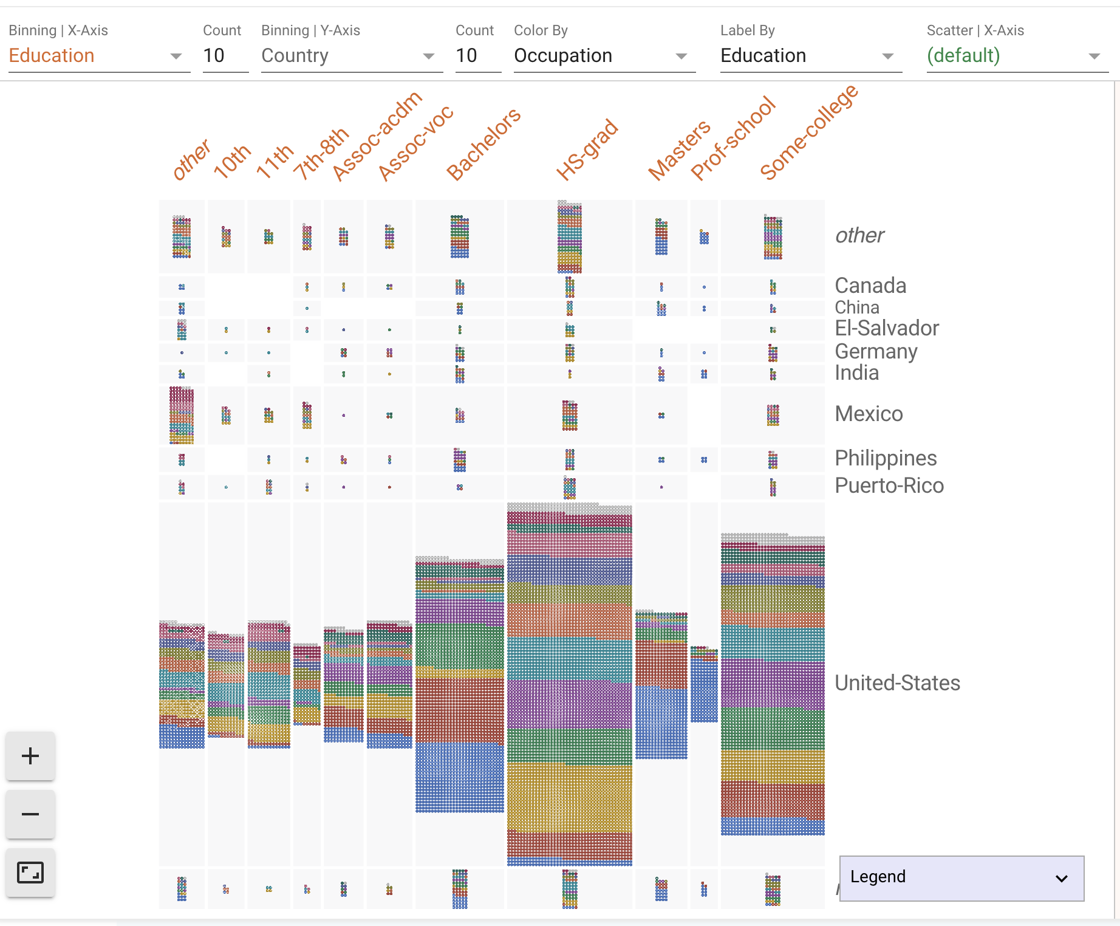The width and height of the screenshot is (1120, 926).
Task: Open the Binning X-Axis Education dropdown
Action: [x=97, y=56]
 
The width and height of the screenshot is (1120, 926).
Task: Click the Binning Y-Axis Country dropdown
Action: [x=350, y=56]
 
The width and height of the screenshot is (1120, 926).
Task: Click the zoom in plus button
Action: [x=30, y=756]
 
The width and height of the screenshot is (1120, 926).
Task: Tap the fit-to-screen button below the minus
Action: [x=30, y=873]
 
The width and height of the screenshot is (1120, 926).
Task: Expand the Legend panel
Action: [x=961, y=878]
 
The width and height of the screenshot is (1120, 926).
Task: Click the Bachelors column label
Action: [x=483, y=144]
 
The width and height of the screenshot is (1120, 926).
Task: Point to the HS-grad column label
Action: [x=587, y=150]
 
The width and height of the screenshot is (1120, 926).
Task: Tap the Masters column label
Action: [x=678, y=150]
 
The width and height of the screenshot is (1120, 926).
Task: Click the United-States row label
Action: [x=897, y=683]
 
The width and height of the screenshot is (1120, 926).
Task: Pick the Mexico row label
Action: [x=869, y=414]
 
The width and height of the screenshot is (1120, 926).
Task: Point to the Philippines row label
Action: [x=886, y=458]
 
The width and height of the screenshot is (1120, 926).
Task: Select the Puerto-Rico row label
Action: [x=889, y=485]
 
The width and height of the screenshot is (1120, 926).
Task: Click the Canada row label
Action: [x=870, y=286]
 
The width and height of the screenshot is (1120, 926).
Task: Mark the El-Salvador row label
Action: [x=887, y=328]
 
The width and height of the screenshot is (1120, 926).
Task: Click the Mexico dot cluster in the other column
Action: [x=182, y=416]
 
